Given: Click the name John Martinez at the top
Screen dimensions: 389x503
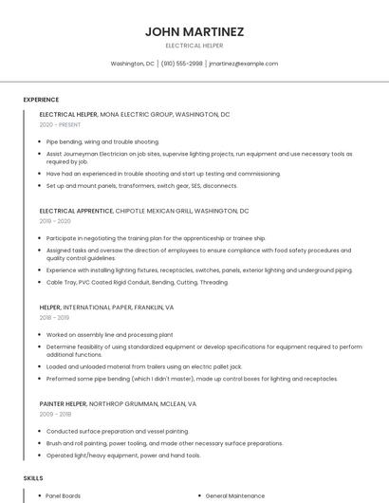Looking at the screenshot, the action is [x=194, y=31].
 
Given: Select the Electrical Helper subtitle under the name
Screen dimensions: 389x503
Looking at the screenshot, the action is [x=194, y=46].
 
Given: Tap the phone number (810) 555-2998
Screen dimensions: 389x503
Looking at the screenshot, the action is [x=181, y=64].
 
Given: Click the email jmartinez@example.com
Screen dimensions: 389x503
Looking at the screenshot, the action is [x=243, y=64].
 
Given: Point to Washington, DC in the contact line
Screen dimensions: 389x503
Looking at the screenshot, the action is [x=132, y=64].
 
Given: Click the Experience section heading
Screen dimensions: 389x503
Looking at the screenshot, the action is [x=41, y=100].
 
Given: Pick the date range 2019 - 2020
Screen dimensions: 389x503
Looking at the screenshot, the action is [x=55, y=221].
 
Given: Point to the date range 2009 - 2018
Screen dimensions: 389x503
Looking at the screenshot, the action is [x=55, y=414].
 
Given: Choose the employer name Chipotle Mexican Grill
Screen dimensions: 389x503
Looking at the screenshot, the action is [x=157, y=211].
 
